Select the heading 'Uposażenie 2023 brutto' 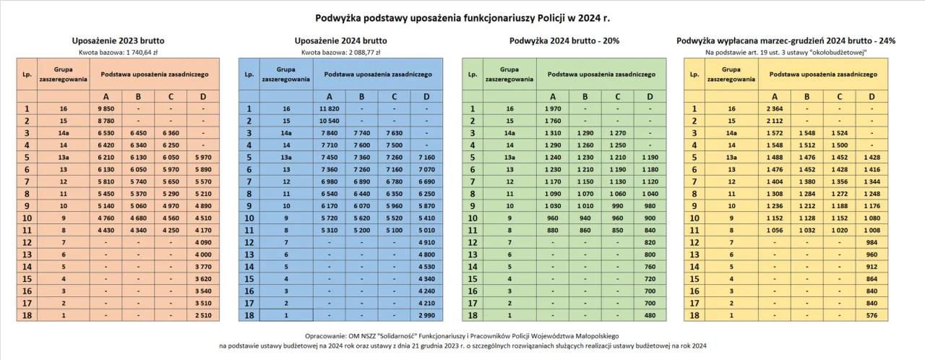pos(118,41)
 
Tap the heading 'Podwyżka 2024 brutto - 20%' pos(563,41)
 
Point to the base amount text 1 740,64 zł pos(118,52)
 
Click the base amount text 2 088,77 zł pos(340,52)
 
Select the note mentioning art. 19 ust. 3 pos(786,52)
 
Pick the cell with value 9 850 pos(107,109)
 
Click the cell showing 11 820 pos(330,109)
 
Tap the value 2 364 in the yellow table pos(775,109)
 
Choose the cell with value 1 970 pos(552,109)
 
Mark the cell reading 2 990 pos(426,316)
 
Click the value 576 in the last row pos(872,316)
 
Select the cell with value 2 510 pos(204,316)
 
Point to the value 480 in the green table pos(649,316)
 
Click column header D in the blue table pos(426,97)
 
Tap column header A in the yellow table pos(775,97)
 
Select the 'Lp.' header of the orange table pos(27,74)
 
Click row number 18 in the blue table pos(249,316)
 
